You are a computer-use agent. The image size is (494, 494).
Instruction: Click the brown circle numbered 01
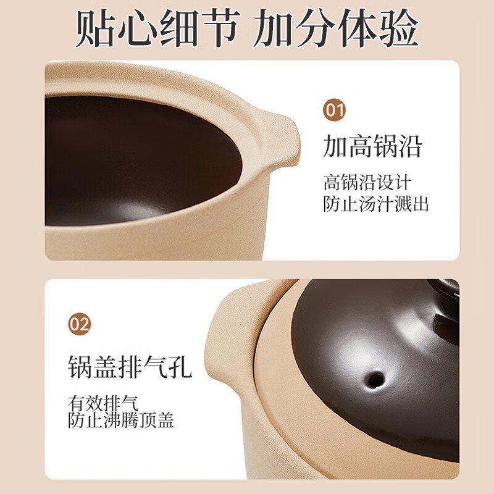point(335,111)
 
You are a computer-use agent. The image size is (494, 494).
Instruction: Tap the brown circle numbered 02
point(80,324)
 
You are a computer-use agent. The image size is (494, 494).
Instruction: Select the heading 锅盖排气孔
point(130,366)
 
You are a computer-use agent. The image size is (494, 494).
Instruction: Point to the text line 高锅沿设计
point(367,183)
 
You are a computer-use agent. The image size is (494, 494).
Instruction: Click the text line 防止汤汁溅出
point(376,204)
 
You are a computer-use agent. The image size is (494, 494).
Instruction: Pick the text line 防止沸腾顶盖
point(121,421)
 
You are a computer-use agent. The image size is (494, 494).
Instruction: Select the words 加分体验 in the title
point(337,28)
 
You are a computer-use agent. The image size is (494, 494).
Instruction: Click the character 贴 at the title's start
point(96,28)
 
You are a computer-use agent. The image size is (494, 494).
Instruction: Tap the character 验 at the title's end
point(398,28)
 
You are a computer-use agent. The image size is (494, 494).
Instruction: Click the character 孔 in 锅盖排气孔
point(180,366)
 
